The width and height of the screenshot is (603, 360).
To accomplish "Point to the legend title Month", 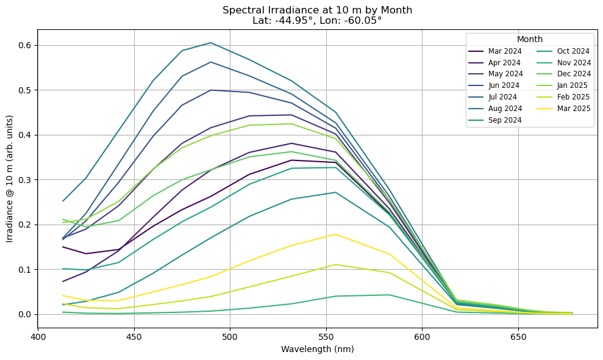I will (x=529, y=39).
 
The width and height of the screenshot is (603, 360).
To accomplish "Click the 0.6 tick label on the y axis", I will (x=25, y=45).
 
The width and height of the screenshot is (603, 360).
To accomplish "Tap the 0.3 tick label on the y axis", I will (x=25, y=180).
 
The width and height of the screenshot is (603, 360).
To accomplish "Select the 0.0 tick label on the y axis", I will (x=25, y=314).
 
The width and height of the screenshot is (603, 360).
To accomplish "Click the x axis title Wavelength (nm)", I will (x=317, y=350).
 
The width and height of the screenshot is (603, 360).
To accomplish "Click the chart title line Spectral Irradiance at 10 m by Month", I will (x=317, y=10).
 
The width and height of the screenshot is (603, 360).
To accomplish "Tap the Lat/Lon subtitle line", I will (x=317, y=20).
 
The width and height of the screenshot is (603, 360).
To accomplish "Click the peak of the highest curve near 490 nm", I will (x=210, y=43).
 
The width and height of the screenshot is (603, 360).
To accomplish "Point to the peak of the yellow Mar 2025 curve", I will (x=335, y=234).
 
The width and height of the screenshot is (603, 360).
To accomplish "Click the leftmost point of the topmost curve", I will (x=63, y=201).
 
